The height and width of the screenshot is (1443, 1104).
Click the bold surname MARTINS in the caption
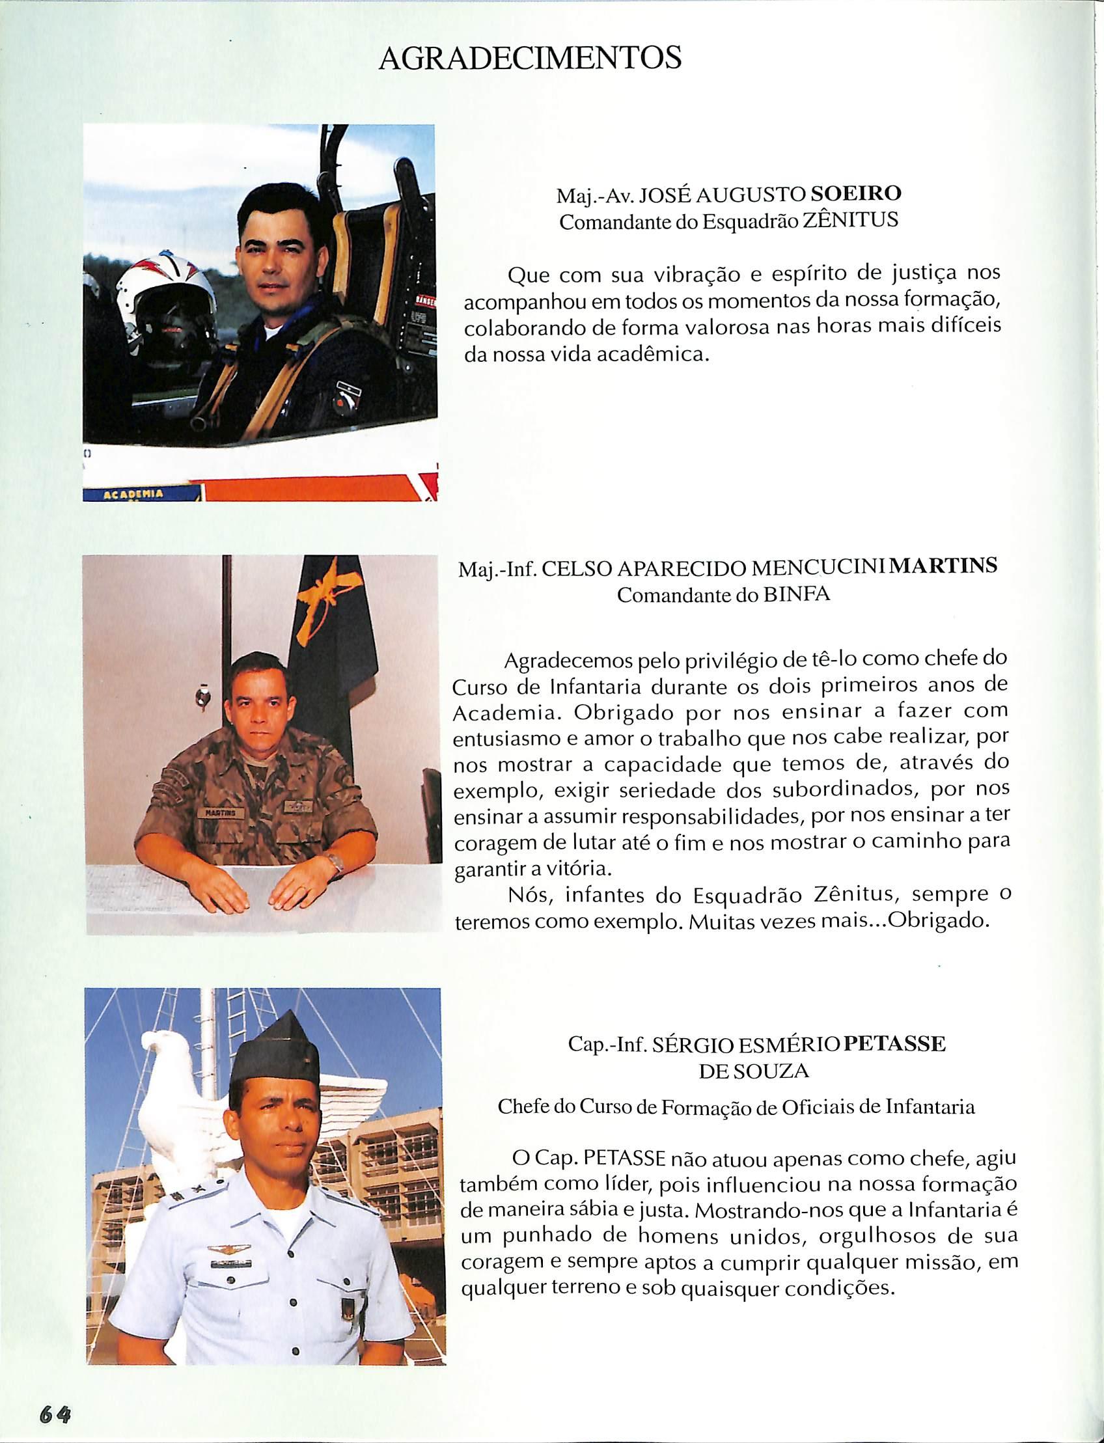tap(946, 566)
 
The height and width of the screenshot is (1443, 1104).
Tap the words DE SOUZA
tap(753, 1071)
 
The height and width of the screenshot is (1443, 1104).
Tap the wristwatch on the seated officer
tap(337, 862)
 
